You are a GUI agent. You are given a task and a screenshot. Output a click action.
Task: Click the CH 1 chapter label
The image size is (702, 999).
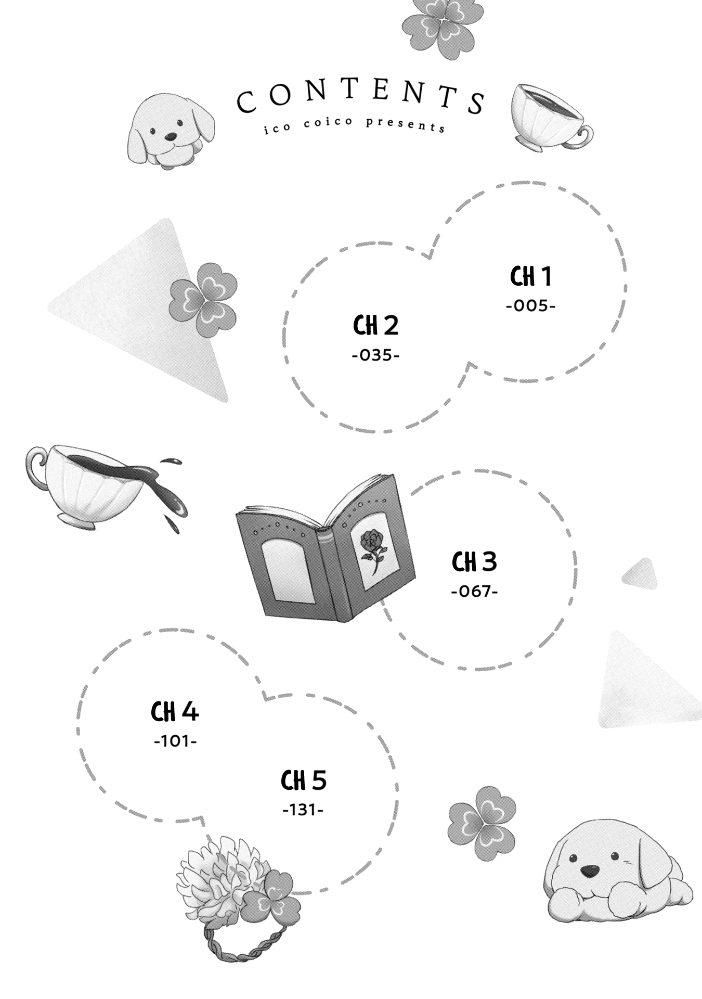[x=530, y=276]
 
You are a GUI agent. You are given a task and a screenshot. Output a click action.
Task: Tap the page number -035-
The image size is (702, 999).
[x=375, y=356]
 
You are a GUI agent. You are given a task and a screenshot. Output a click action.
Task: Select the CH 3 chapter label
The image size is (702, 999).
[x=474, y=562]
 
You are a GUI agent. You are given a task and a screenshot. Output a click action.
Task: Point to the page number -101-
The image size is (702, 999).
[x=175, y=741]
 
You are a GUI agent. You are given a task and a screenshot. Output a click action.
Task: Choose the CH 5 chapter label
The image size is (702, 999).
[x=304, y=780]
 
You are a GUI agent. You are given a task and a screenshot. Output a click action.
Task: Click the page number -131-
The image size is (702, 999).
[x=304, y=810]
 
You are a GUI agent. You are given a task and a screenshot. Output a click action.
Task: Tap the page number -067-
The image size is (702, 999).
[x=474, y=592]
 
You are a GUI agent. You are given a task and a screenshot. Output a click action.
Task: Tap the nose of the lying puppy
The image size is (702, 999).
[x=589, y=870]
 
